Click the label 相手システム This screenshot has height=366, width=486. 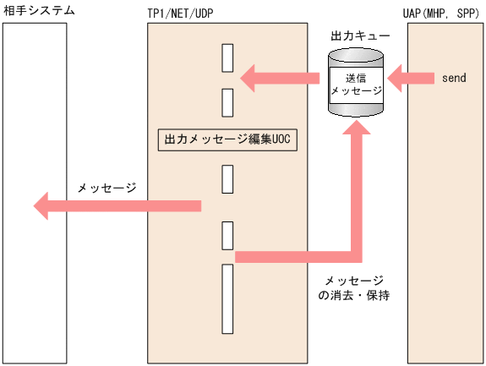(x=38, y=10)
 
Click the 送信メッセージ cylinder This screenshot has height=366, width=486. (x=355, y=83)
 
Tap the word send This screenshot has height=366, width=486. (x=454, y=79)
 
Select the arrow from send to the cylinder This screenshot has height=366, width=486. (x=410, y=79)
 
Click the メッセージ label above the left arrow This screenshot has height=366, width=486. (x=106, y=187)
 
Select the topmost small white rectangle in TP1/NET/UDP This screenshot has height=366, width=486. (x=227, y=57)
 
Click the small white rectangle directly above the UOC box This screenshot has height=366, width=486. (x=227, y=101)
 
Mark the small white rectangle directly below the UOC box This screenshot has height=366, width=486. (x=227, y=179)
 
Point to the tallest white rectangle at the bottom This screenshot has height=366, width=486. (x=227, y=298)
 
